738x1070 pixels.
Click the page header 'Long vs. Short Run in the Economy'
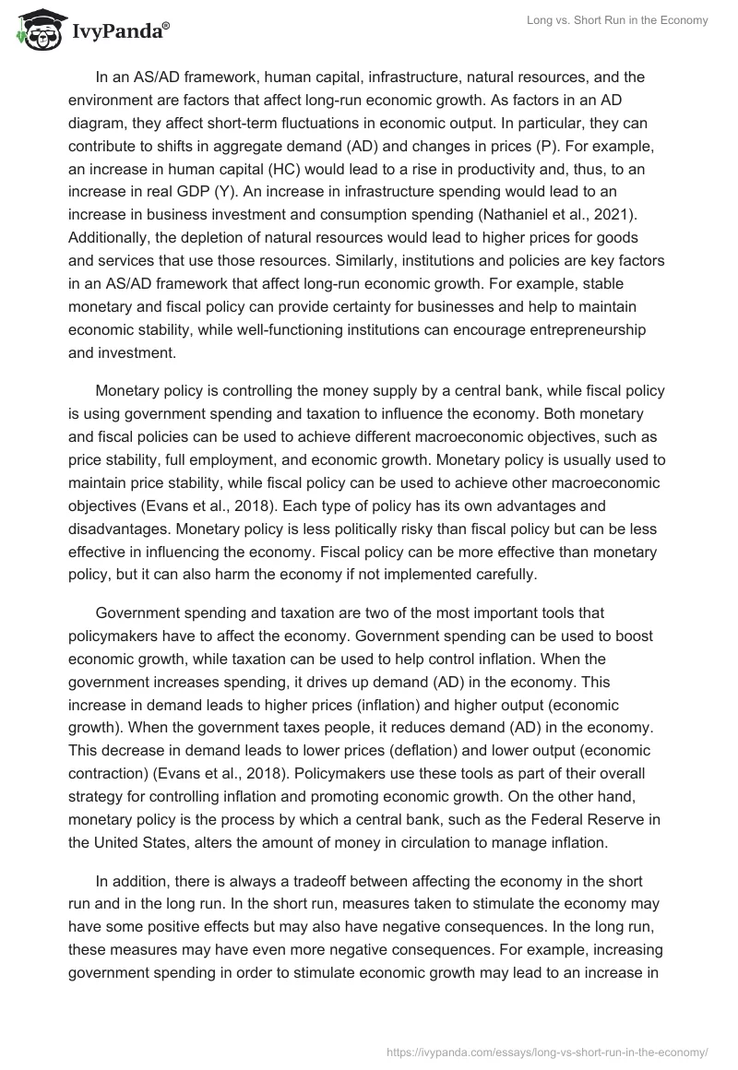[x=617, y=21]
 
